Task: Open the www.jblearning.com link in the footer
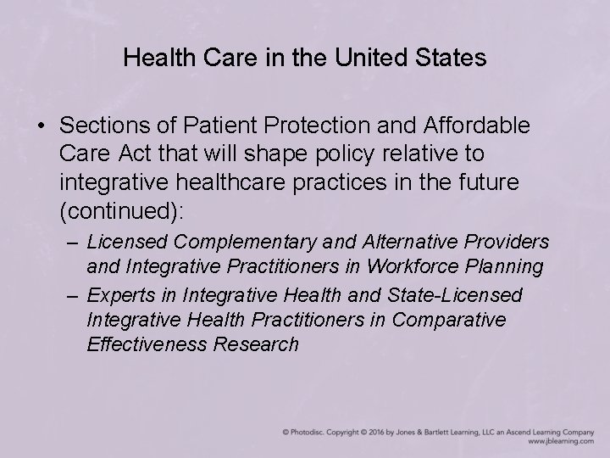pyautogui.click(x=561, y=442)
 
